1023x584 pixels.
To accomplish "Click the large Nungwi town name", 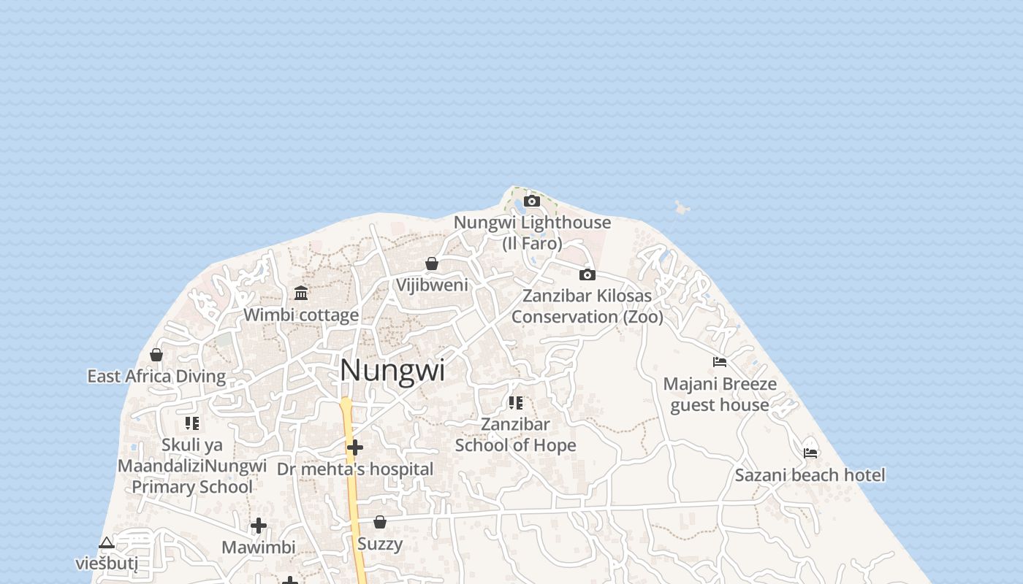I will (x=392, y=370).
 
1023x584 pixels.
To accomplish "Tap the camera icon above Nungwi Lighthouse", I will (x=532, y=201).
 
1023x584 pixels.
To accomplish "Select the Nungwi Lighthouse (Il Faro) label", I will (x=532, y=232).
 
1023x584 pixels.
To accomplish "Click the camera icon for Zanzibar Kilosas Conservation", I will (x=587, y=275).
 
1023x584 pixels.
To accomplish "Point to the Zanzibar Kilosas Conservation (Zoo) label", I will (x=587, y=307).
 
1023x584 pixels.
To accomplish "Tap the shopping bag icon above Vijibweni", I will (x=432, y=264).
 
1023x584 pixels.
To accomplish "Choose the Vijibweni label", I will (x=432, y=285).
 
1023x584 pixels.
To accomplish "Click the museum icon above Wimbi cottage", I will (x=301, y=293).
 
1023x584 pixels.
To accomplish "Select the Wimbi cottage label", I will (x=301, y=315).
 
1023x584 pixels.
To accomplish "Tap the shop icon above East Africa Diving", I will (x=156, y=356).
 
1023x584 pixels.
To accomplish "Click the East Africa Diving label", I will (x=156, y=376).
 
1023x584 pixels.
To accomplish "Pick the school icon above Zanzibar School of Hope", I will (x=516, y=403).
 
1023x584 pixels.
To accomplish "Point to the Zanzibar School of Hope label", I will (x=516, y=434).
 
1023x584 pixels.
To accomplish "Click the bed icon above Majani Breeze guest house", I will (x=720, y=362).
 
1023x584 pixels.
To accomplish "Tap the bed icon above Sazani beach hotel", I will (x=810, y=453).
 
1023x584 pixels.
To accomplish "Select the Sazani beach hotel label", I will (x=810, y=475).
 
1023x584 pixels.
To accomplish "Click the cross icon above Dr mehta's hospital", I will (x=355, y=447).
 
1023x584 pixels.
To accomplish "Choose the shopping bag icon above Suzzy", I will (x=380, y=522).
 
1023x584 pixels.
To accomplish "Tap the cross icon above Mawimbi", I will (x=259, y=526).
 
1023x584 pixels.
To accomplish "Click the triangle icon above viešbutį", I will (x=107, y=543).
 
